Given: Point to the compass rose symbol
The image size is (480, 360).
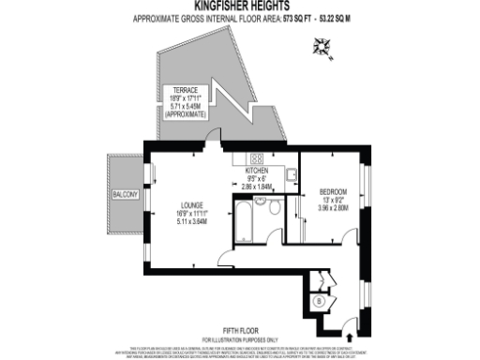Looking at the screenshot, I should (325, 44).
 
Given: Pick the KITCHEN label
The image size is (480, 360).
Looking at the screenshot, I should (257, 172).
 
